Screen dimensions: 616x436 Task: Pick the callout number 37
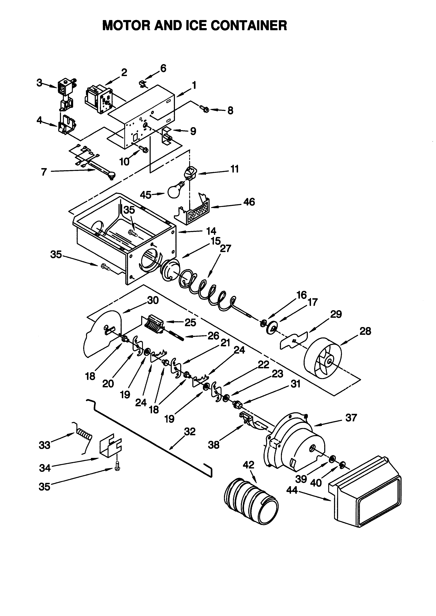tap(351, 418)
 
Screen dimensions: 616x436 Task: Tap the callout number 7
tap(44, 172)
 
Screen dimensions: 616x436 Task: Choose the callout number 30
tap(153, 300)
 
